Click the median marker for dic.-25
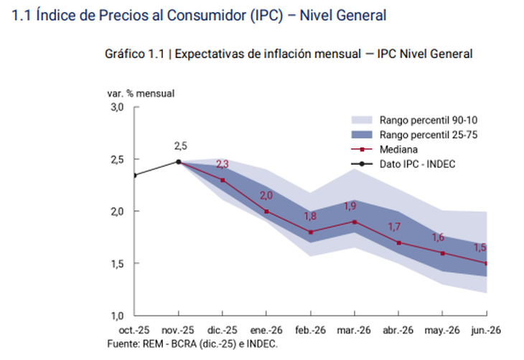[223, 180]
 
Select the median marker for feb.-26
[311, 232]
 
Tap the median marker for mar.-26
[355, 222]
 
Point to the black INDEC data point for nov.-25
[179, 161]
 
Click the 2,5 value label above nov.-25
[180, 146]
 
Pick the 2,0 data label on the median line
[266, 196]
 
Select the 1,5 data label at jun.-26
[479, 247]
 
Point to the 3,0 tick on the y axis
[117, 107]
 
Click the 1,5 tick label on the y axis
[117, 264]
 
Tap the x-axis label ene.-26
[266, 331]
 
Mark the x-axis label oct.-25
[134, 331]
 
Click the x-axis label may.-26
[442, 331]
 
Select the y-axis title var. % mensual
[141, 93]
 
